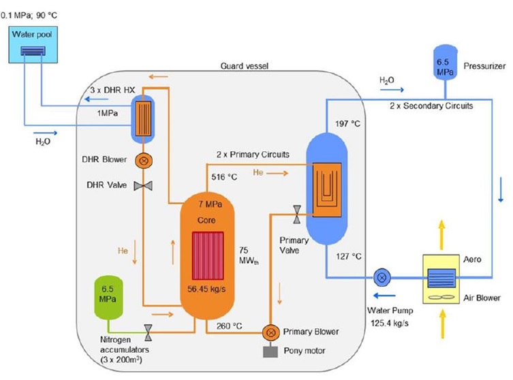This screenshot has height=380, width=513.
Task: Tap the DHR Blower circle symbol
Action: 144,161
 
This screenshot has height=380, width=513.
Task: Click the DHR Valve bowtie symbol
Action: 144,186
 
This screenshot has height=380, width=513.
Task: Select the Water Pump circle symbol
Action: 381,277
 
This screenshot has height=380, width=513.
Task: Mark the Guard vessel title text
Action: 247,65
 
